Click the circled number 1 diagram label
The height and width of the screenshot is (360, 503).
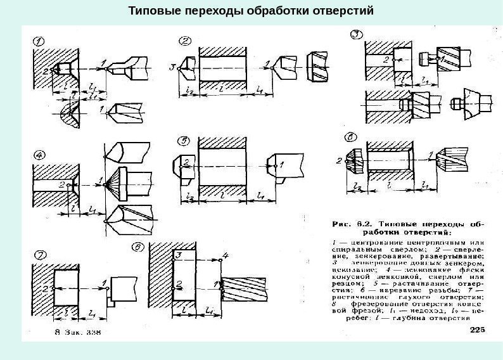coord(39,42)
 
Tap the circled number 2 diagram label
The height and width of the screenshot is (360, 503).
coord(186,41)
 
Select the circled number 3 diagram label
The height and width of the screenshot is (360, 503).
coord(358,34)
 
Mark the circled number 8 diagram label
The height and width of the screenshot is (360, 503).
coord(136,246)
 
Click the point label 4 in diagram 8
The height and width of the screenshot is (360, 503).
coord(223,255)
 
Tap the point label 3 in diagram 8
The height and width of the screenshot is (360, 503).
coord(179,254)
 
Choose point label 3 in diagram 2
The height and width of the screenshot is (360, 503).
coord(172,67)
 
